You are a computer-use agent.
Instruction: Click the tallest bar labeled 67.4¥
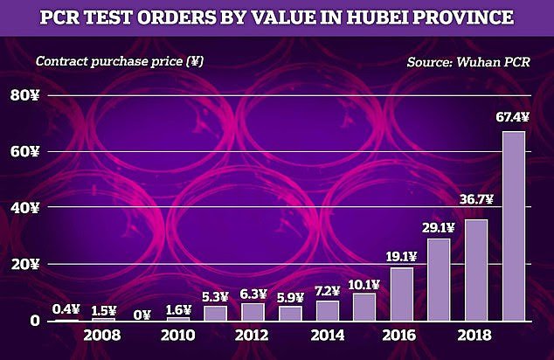point(514,226)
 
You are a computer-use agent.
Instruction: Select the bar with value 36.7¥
point(476,270)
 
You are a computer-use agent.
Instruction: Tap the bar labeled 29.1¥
point(439,280)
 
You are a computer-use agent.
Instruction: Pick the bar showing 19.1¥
point(402,294)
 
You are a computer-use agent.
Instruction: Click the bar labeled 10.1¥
point(364,307)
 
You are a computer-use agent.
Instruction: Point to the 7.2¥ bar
point(328,311)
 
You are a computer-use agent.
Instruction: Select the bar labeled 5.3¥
point(216,314)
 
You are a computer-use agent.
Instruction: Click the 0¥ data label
point(142,315)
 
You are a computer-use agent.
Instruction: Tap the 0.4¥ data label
point(66,309)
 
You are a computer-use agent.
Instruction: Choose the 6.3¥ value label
point(253,294)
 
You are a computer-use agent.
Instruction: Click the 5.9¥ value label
point(290,297)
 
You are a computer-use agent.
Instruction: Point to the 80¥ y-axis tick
point(24,95)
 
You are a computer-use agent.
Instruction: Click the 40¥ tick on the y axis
point(24,208)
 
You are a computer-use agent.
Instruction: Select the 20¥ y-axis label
point(24,264)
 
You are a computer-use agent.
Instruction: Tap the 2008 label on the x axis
point(102,336)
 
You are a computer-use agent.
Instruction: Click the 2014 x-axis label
point(328,336)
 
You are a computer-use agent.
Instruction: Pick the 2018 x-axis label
point(474,336)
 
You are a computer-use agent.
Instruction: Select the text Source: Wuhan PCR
point(468,62)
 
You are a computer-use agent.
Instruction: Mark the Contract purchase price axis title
point(120,61)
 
